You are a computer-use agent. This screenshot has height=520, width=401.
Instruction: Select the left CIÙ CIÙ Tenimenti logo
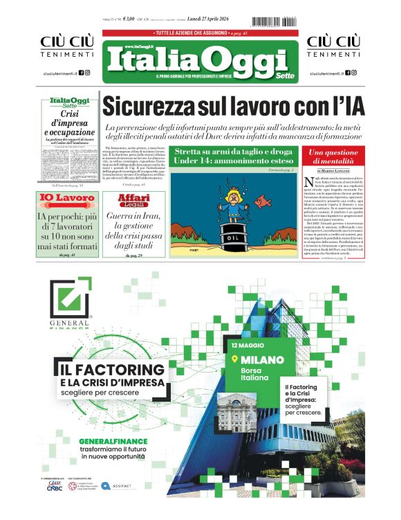pyautogui.click(x=66, y=46)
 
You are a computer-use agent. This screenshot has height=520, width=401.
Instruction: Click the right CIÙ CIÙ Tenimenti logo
pyautogui.click(x=334, y=46)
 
